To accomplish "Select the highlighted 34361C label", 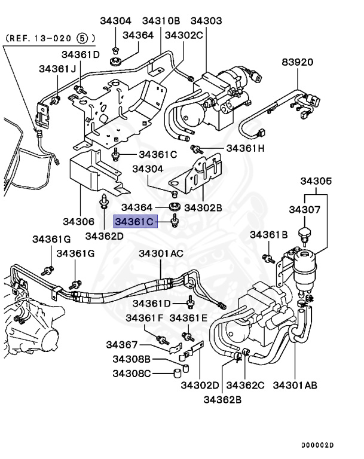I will [x=135, y=222].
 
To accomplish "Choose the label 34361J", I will [x=57, y=69].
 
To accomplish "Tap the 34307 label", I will [x=305, y=210].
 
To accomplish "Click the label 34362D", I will [x=104, y=235].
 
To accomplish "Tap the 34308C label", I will [x=131, y=374].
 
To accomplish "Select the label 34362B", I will [x=222, y=399].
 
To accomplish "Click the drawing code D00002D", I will [x=317, y=445].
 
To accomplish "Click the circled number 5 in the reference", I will [x=83, y=38].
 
